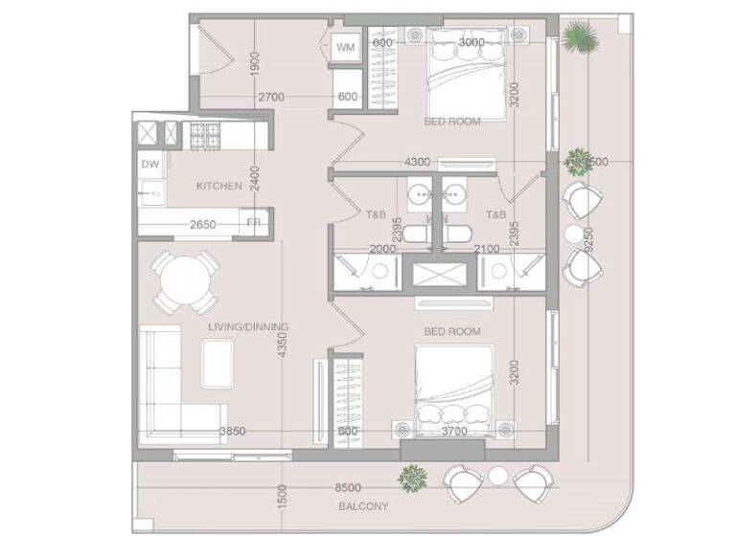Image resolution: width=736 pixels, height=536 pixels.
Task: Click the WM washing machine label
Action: pos(345,46)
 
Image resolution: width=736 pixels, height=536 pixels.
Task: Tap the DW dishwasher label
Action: pos(149,165)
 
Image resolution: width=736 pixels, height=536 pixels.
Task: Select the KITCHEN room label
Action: pos(219,186)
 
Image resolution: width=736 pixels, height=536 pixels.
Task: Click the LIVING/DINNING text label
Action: pos(248,327)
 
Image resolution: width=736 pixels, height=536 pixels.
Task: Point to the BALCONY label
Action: pos(363,506)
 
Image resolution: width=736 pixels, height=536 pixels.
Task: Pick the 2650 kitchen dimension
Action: pos(202,225)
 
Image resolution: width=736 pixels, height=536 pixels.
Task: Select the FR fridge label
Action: pos(254,223)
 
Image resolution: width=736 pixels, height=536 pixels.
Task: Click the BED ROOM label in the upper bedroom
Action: pos(452,122)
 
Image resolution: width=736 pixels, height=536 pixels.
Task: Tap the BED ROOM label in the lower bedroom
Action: pos(452,331)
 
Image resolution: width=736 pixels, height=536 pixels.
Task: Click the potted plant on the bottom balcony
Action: pos(413,476)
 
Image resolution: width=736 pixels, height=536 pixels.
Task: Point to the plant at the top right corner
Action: pos(579,37)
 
